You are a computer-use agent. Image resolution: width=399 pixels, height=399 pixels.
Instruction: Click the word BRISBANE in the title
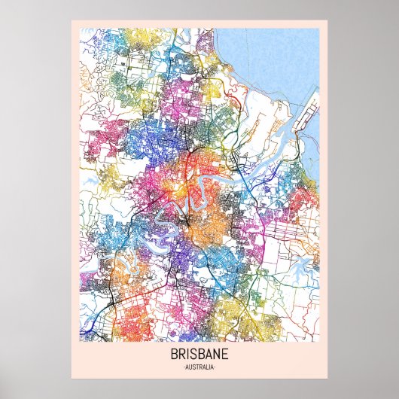[x=200, y=355]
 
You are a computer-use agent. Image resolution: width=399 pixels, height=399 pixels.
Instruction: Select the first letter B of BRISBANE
[x=175, y=355]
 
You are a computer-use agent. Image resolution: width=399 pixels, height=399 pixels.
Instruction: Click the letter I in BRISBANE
[x=188, y=355]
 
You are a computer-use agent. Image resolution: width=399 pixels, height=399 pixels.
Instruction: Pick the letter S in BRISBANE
[x=193, y=355]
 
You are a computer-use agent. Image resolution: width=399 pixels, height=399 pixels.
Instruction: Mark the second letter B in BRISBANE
[x=200, y=355]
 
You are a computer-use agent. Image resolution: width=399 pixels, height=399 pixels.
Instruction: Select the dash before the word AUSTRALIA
[x=183, y=367]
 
